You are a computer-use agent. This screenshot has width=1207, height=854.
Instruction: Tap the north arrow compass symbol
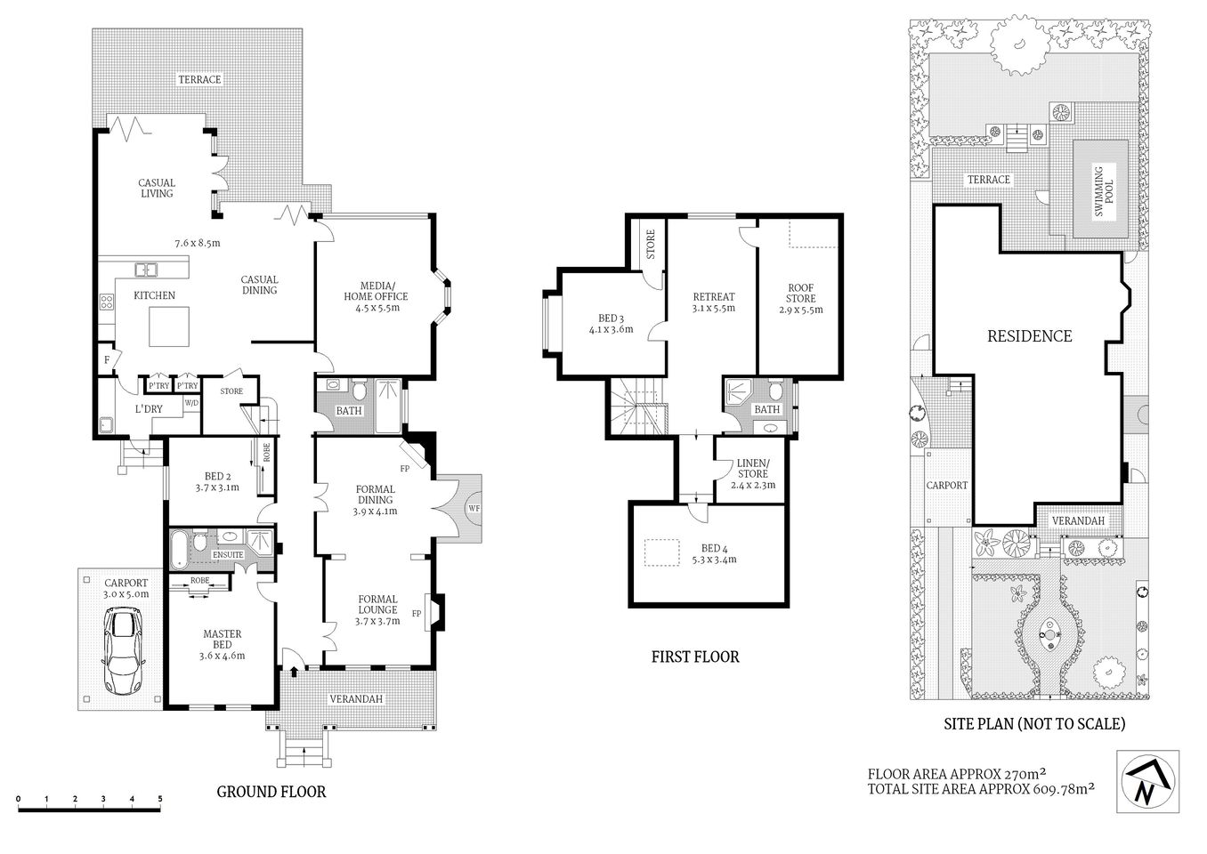click(x=1147, y=781)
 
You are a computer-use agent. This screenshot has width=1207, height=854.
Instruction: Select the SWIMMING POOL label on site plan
click(x=1100, y=191)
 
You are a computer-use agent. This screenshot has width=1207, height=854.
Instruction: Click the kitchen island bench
click(x=169, y=326)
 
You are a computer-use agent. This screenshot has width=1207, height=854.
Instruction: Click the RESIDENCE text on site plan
click(x=1029, y=336)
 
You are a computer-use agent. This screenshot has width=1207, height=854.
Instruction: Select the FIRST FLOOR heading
click(x=695, y=657)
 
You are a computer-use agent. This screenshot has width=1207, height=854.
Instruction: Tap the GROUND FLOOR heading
click(x=271, y=791)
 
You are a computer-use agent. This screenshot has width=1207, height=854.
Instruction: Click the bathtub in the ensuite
click(x=180, y=548)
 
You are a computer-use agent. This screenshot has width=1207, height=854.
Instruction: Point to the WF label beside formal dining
click(x=474, y=509)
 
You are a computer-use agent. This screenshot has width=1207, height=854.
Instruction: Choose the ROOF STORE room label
click(x=800, y=294)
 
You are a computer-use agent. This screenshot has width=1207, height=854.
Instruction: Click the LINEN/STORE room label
click(x=752, y=469)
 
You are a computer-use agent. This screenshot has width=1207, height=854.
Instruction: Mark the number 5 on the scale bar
click(x=160, y=799)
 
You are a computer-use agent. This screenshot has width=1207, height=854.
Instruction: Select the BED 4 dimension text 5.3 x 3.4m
click(x=708, y=560)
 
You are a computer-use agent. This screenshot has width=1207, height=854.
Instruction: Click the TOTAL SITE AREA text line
click(x=980, y=788)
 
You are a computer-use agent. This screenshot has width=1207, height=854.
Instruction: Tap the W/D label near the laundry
click(x=191, y=403)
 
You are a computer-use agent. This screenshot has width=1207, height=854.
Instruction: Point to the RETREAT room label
click(x=713, y=297)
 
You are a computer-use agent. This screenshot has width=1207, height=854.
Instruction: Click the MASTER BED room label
click(x=222, y=640)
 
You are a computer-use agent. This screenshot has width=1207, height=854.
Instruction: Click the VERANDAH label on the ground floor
click(x=356, y=699)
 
